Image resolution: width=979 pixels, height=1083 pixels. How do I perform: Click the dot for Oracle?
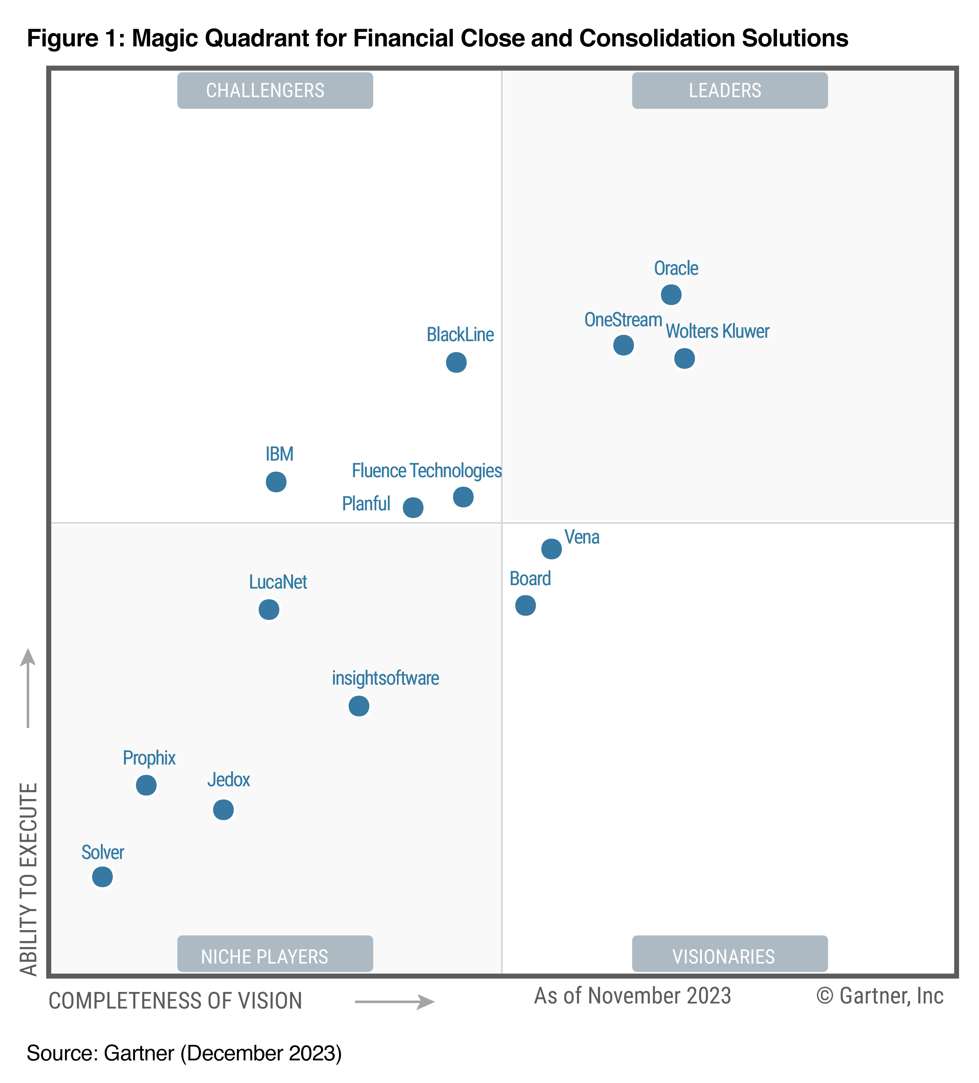671,294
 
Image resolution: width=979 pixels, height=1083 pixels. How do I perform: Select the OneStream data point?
623,345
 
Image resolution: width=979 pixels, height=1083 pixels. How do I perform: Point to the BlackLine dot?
456,362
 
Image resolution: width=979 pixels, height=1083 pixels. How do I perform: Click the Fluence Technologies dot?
463,497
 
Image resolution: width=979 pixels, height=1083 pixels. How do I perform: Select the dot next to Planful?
413,507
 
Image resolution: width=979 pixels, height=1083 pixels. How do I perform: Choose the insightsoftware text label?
385,678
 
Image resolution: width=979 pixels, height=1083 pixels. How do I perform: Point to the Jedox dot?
223,809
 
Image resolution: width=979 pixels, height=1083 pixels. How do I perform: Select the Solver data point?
103,877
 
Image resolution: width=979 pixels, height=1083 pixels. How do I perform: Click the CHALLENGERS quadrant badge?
275,90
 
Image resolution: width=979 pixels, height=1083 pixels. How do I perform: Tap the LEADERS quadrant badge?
729,90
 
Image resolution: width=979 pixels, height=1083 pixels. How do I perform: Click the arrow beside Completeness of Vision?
394,1002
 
